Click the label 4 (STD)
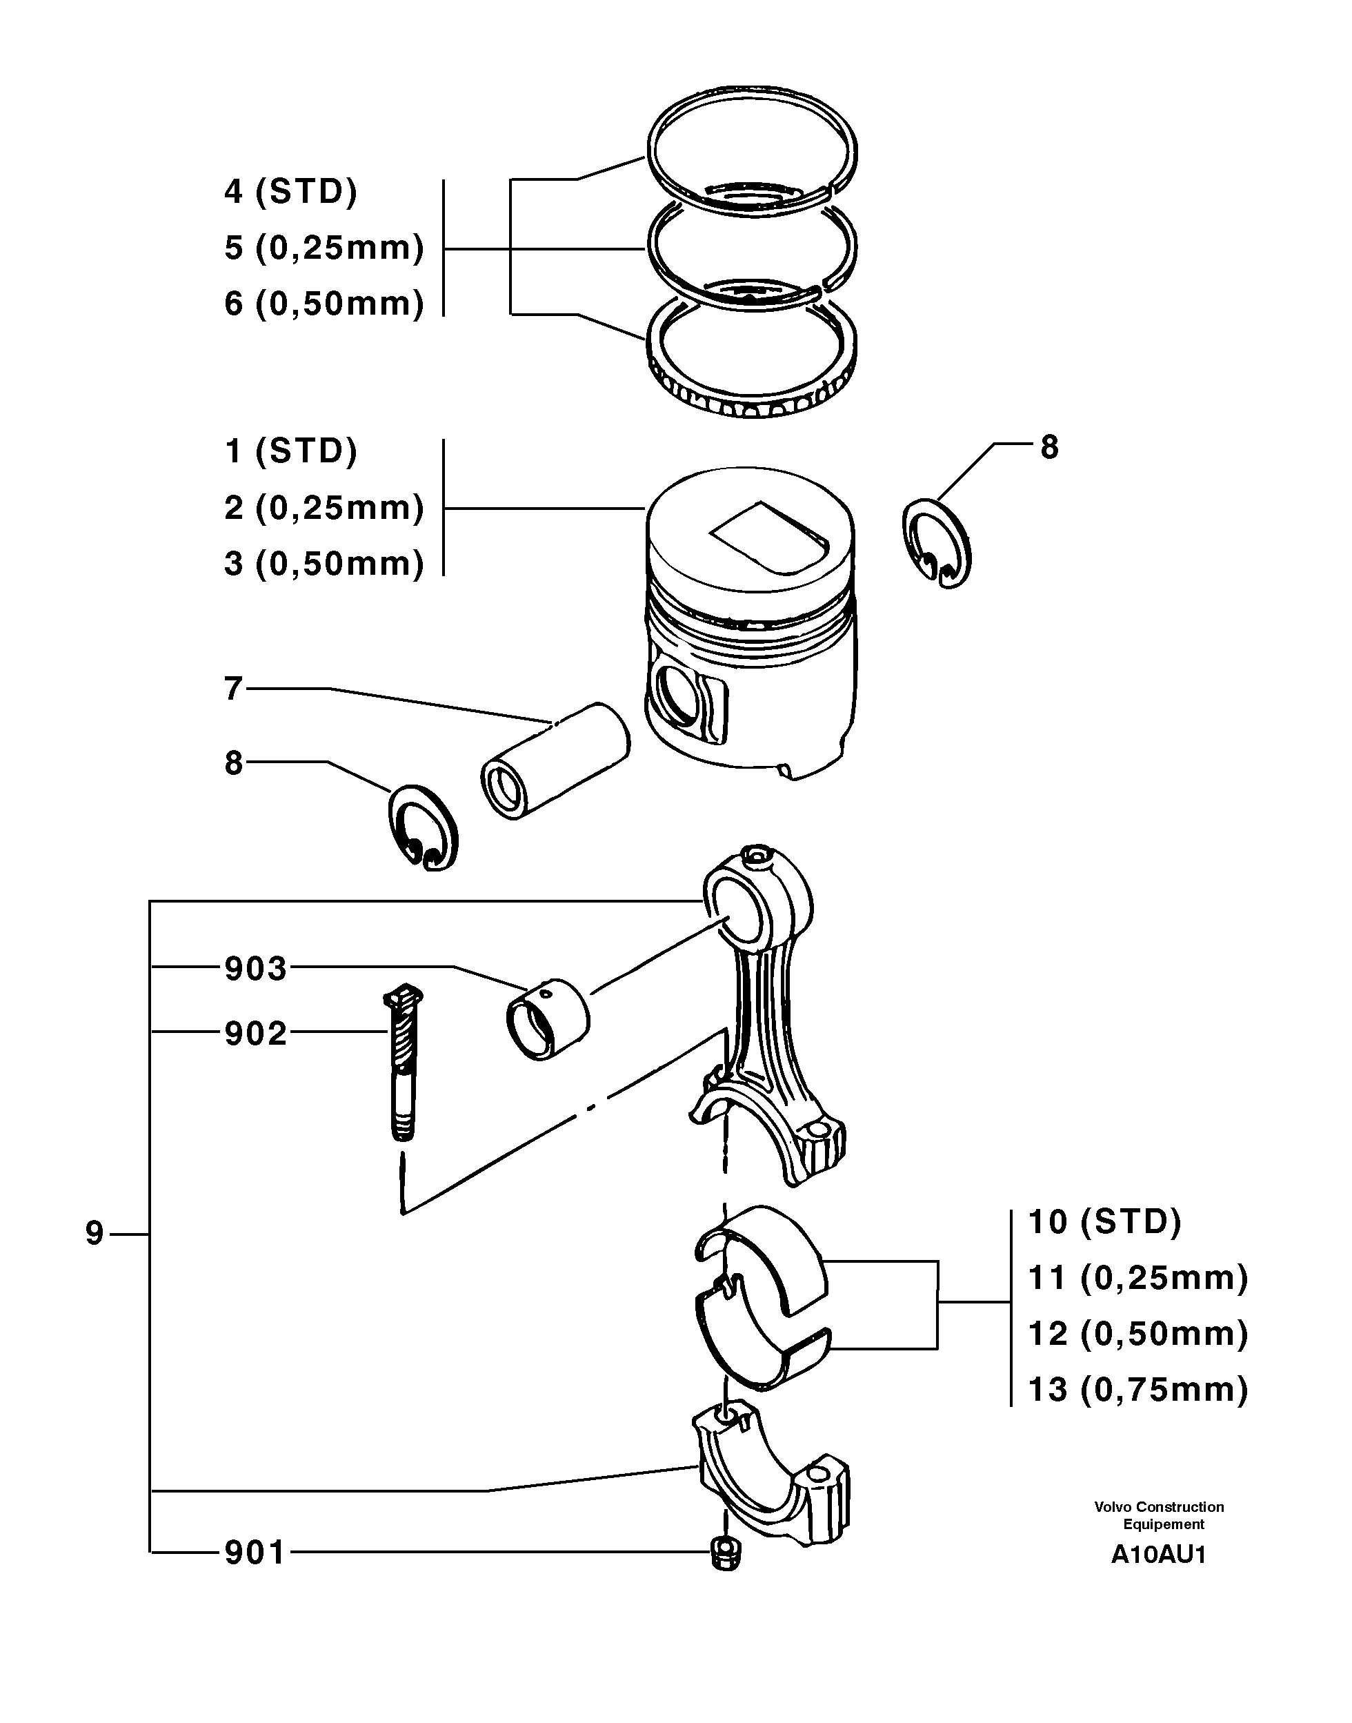[290, 192]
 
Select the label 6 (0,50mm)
[324, 304]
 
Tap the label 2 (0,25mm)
[324, 508]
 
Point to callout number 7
[232, 689]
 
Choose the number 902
[255, 1034]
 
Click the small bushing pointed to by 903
[548, 1019]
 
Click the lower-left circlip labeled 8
[423, 828]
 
